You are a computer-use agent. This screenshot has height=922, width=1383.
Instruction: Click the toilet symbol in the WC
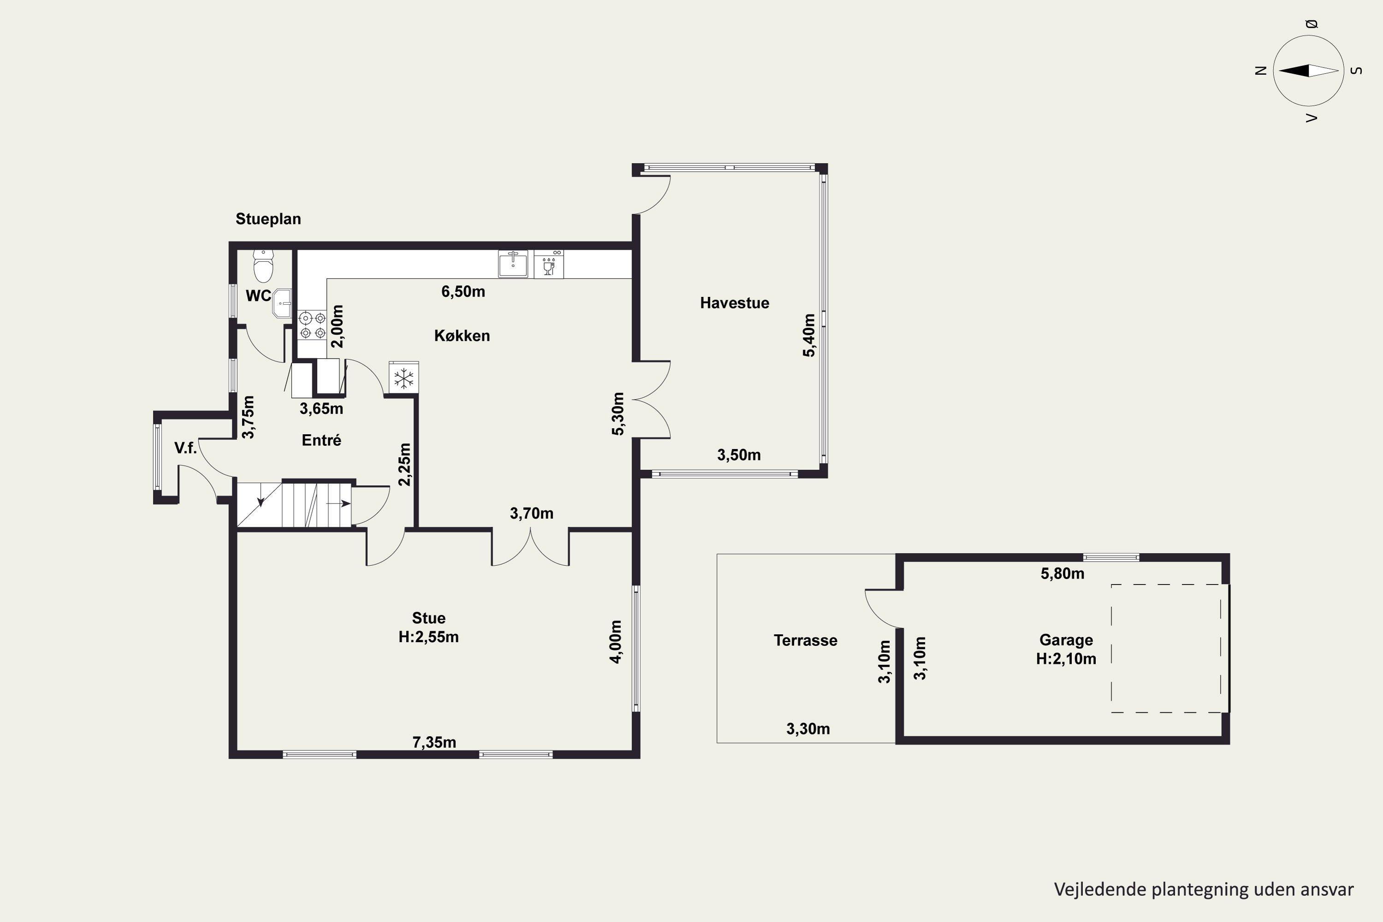click(263, 266)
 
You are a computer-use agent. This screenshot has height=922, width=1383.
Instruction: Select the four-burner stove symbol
click(312, 326)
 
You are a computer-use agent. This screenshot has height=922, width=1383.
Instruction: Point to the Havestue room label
click(734, 303)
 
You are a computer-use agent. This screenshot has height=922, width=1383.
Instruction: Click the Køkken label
click(462, 336)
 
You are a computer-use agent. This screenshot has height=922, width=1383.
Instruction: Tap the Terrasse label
click(805, 640)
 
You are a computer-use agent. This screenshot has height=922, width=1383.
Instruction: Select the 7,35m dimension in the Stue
click(434, 743)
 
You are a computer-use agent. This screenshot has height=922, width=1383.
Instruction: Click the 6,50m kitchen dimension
click(463, 292)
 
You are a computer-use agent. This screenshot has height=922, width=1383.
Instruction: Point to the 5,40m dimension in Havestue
click(810, 335)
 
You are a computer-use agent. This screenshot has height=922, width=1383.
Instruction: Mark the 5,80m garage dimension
click(1063, 574)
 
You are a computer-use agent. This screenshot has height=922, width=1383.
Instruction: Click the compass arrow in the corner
click(1308, 71)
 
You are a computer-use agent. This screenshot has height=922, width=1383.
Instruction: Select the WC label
click(258, 296)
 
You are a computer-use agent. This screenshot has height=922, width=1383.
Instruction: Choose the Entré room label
click(322, 440)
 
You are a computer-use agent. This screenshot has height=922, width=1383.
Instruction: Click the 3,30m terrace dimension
click(808, 729)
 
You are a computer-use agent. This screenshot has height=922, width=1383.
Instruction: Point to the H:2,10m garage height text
click(1066, 659)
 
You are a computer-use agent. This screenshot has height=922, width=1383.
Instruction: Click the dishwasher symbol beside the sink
click(549, 264)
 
